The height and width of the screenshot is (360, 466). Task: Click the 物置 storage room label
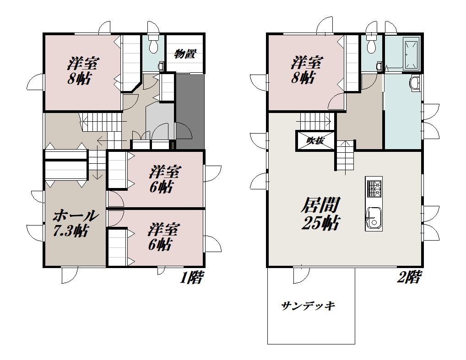(185, 54)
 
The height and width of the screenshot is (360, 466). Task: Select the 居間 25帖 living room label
(321, 214)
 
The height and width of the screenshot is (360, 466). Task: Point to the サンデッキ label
(308, 306)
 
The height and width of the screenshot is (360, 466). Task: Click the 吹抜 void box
(315, 140)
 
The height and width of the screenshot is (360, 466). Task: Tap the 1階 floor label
(192, 277)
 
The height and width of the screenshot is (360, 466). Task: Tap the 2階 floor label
(409, 277)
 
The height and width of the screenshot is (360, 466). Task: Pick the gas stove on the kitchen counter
(374, 189)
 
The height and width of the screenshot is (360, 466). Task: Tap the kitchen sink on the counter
(373, 218)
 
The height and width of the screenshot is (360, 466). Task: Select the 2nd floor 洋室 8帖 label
(307, 70)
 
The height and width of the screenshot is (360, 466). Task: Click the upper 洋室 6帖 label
(165, 179)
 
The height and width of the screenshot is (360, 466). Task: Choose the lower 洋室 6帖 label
(163, 237)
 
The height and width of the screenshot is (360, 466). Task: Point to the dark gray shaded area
(190, 111)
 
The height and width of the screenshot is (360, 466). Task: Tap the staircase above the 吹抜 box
(315, 121)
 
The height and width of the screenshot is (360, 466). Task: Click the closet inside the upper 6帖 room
(117, 170)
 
